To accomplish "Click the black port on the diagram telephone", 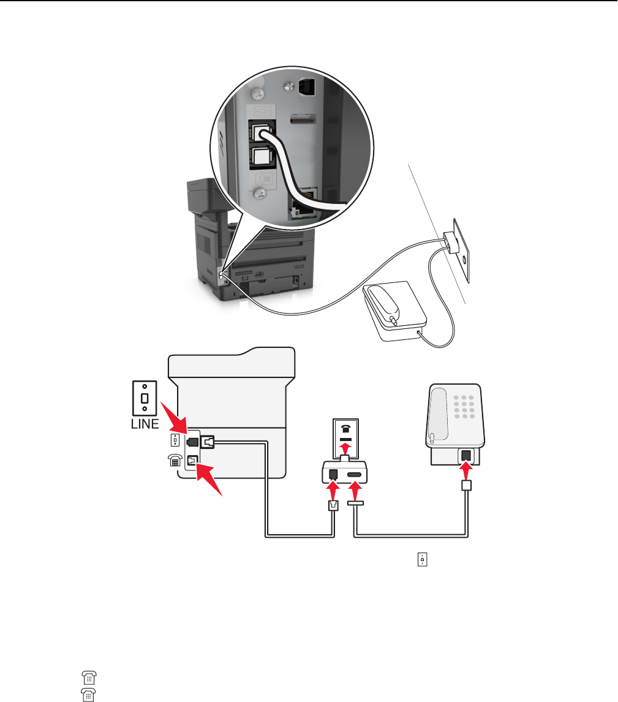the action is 467,456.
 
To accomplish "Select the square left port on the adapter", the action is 334,474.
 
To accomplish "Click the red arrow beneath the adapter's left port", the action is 334,491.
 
